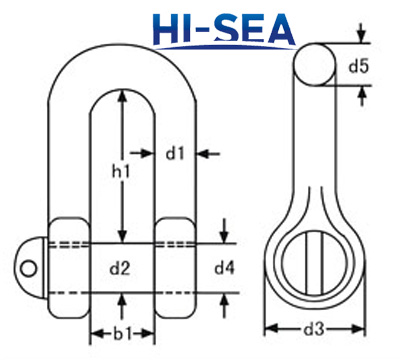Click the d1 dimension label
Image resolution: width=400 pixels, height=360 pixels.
176,153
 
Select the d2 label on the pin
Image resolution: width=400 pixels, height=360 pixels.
121,267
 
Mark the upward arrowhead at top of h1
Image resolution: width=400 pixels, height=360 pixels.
122,96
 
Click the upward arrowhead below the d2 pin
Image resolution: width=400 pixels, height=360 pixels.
122,298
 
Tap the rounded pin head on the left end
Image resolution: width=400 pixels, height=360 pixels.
35,266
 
